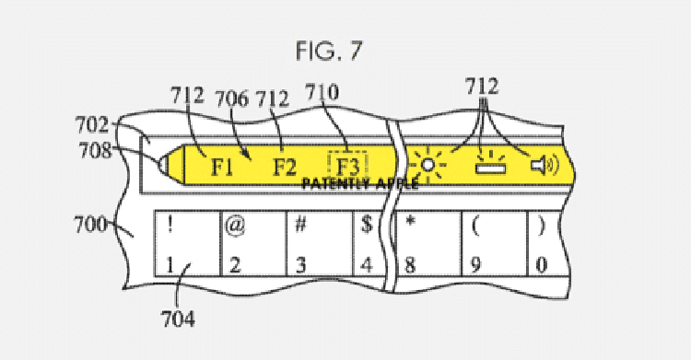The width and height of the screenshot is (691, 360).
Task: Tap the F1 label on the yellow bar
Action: click(221, 168)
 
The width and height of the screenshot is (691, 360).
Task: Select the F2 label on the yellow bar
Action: click(284, 168)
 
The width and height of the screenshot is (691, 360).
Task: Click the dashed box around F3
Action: click(346, 166)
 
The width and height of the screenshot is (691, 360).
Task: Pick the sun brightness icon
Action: click(427, 166)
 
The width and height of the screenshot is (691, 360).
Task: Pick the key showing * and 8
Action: click(428, 244)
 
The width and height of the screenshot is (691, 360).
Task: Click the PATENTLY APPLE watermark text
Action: click(360, 183)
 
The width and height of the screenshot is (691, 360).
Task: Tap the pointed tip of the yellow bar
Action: click(162, 167)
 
